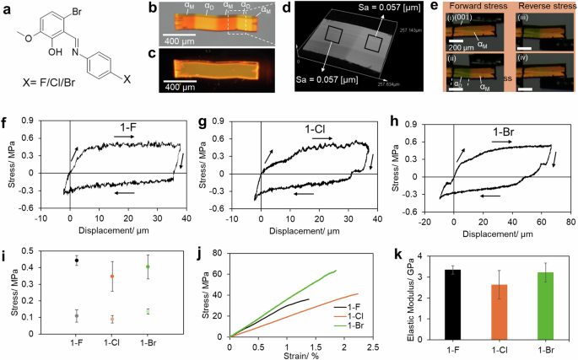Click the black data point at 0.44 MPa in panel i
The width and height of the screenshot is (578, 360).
pyautogui.click(x=77, y=261)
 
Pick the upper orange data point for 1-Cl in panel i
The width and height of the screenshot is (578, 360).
pyautogui.click(x=113, y=277)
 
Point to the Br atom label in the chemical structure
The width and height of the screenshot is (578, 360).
pyautogui.click(x=78, y=14)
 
